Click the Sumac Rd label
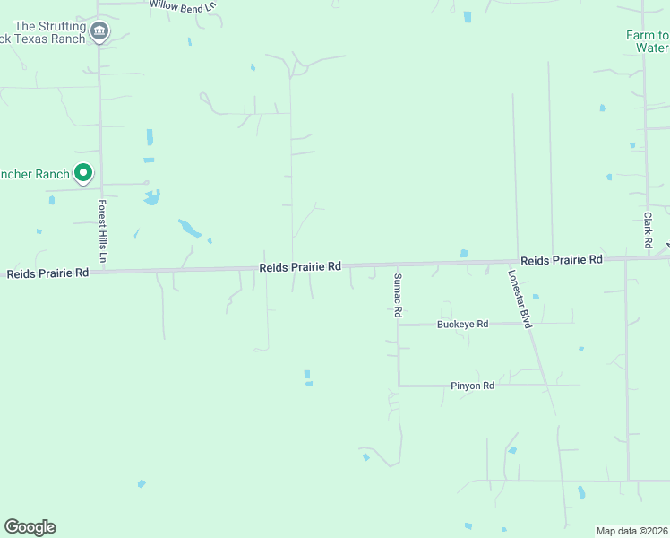click(398, 296)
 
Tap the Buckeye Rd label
click(462, 324)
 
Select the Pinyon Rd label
click(472, 386)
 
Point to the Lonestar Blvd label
click(520, 299)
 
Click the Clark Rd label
click(648, 230)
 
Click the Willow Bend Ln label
click(182, 4)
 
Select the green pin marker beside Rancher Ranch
click(83, 172)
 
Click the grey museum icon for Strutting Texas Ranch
click(99, 33)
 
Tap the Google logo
click(30, 527)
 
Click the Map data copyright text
click(631, 531)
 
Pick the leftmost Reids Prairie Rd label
click(47, 273)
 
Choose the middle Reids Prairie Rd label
click(301, 267)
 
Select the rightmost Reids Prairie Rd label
click(561, 260)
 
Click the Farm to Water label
click(647, 41)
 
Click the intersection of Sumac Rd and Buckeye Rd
click(399, 325)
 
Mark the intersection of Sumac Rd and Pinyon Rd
click(399, 386)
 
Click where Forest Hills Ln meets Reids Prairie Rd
click(101, 270)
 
